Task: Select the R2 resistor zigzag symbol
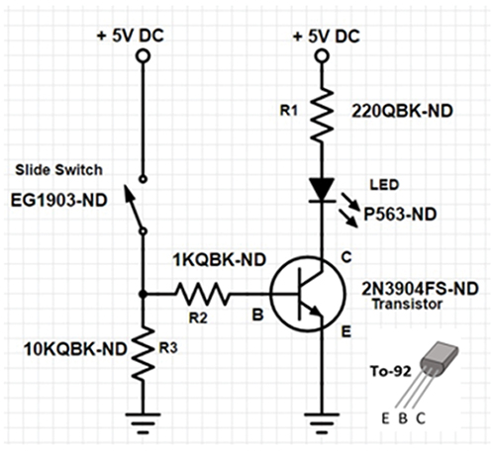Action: pyautogui.click(x=204, y=294)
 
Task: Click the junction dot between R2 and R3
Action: pyautogui.click(x=145, y=294)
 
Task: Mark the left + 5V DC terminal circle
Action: pyautogui.click(x=145, y=57)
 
